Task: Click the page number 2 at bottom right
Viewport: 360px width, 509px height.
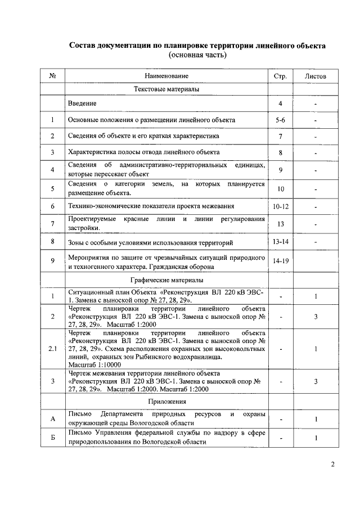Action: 332,465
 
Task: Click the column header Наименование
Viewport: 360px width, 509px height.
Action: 166,76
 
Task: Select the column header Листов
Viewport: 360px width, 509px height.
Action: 316,76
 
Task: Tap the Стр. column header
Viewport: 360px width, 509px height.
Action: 280,76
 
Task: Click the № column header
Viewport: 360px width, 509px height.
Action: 52,76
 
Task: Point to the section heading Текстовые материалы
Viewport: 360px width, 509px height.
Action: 166,89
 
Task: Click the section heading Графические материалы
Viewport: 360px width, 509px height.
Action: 166,280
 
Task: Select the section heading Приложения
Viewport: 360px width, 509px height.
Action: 166,403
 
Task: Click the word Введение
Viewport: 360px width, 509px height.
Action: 82,104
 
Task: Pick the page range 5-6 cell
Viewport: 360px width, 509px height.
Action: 280,120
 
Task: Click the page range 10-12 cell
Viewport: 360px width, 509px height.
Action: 280,207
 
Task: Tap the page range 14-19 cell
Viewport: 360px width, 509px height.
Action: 280,262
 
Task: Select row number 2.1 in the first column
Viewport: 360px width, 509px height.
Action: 52,349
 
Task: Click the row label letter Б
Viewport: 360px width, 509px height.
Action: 52,438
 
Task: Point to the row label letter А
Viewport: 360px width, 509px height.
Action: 52,419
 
